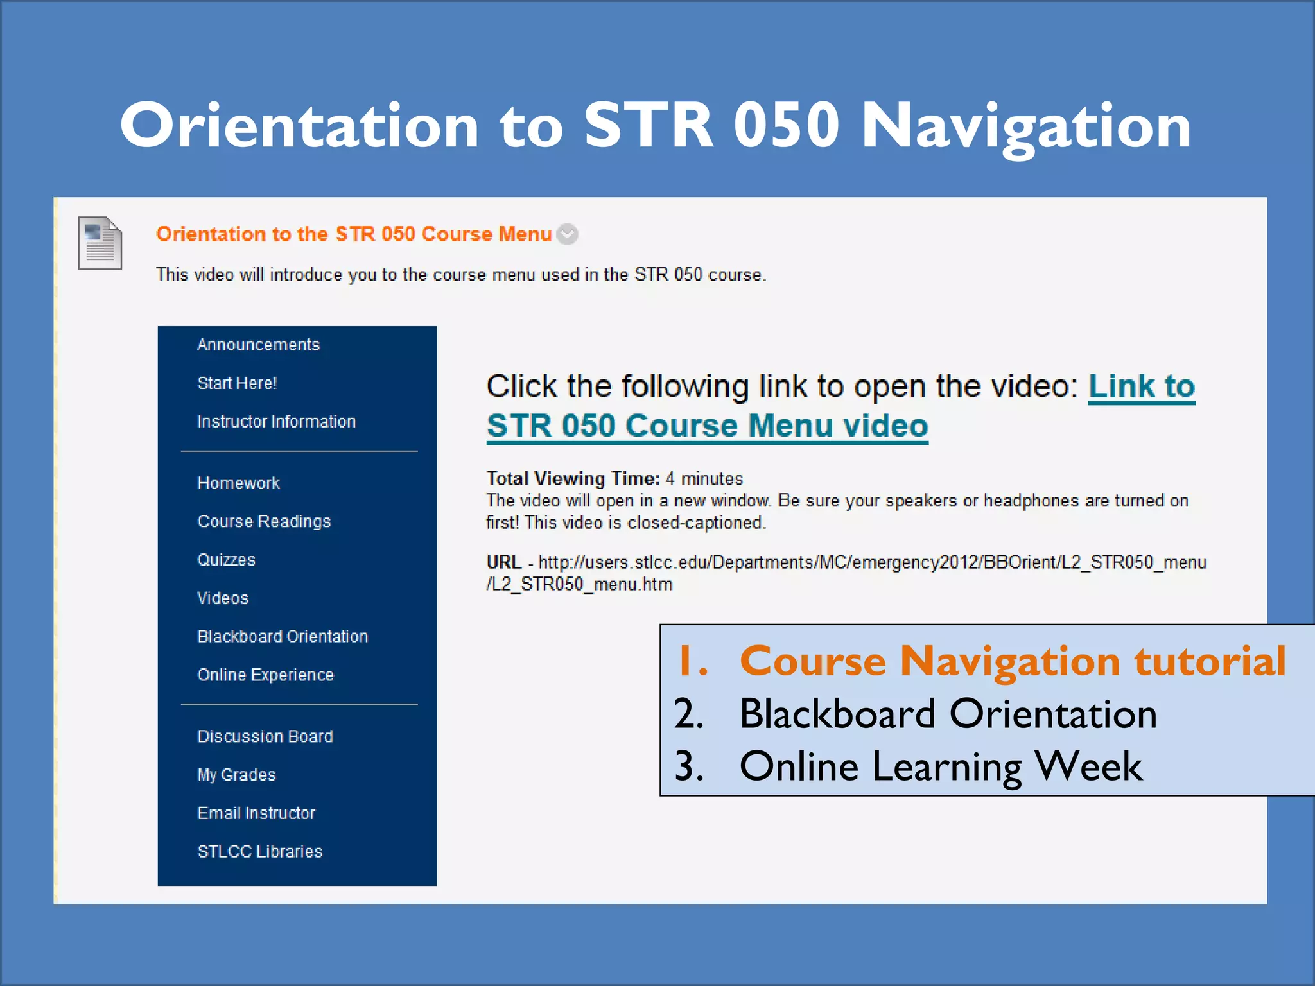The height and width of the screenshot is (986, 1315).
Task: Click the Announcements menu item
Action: [258, 345]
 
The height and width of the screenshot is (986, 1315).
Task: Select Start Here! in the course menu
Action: [237, 383]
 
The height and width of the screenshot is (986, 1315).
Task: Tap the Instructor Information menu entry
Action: [276, 422]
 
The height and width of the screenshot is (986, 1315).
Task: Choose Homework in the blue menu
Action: [238, 483]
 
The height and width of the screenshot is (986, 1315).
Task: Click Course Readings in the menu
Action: [264, 521]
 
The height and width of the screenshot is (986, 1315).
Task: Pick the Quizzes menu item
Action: [226, 560]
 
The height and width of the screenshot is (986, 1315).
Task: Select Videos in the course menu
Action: [222, 598]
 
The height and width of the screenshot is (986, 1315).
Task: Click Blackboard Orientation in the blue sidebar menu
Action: [283, 636]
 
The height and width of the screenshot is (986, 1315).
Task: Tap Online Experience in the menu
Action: [265, 675]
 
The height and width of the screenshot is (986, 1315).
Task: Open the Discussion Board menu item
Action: [265, 736]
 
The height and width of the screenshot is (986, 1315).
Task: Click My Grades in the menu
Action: [236, 775]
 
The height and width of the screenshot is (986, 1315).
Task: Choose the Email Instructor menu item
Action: [256, 813]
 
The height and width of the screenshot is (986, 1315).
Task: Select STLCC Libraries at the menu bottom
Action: [259, 851]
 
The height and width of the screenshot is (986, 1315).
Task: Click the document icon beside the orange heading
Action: [100, 243]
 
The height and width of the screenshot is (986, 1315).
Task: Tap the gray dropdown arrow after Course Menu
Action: [567, 234]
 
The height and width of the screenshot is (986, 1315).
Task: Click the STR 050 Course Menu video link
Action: [707, 426]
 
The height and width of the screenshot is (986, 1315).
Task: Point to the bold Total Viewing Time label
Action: [573, 478]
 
